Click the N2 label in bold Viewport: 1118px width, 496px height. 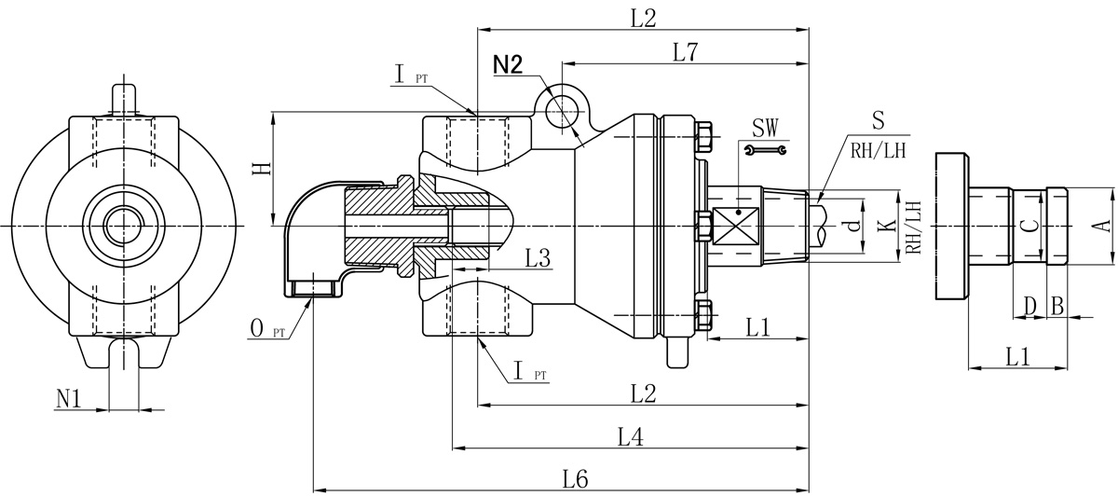509,64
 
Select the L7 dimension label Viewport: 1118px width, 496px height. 686,52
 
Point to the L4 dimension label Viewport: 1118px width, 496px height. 631,435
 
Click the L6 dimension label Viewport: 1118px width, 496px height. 576,479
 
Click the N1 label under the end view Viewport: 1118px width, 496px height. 69,398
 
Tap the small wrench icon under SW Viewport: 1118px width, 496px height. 766,149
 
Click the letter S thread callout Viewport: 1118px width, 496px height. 878,119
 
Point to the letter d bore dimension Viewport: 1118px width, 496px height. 849,226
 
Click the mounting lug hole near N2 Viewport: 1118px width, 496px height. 564,107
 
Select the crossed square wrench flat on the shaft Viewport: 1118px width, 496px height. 736,214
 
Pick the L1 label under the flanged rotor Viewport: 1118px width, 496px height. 1018,355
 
